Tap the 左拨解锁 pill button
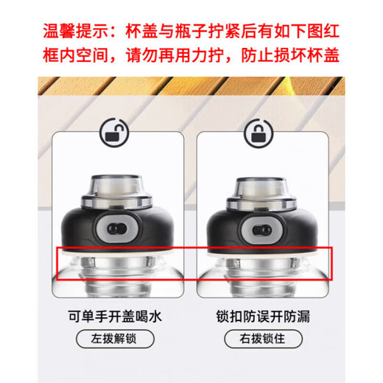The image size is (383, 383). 116,340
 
